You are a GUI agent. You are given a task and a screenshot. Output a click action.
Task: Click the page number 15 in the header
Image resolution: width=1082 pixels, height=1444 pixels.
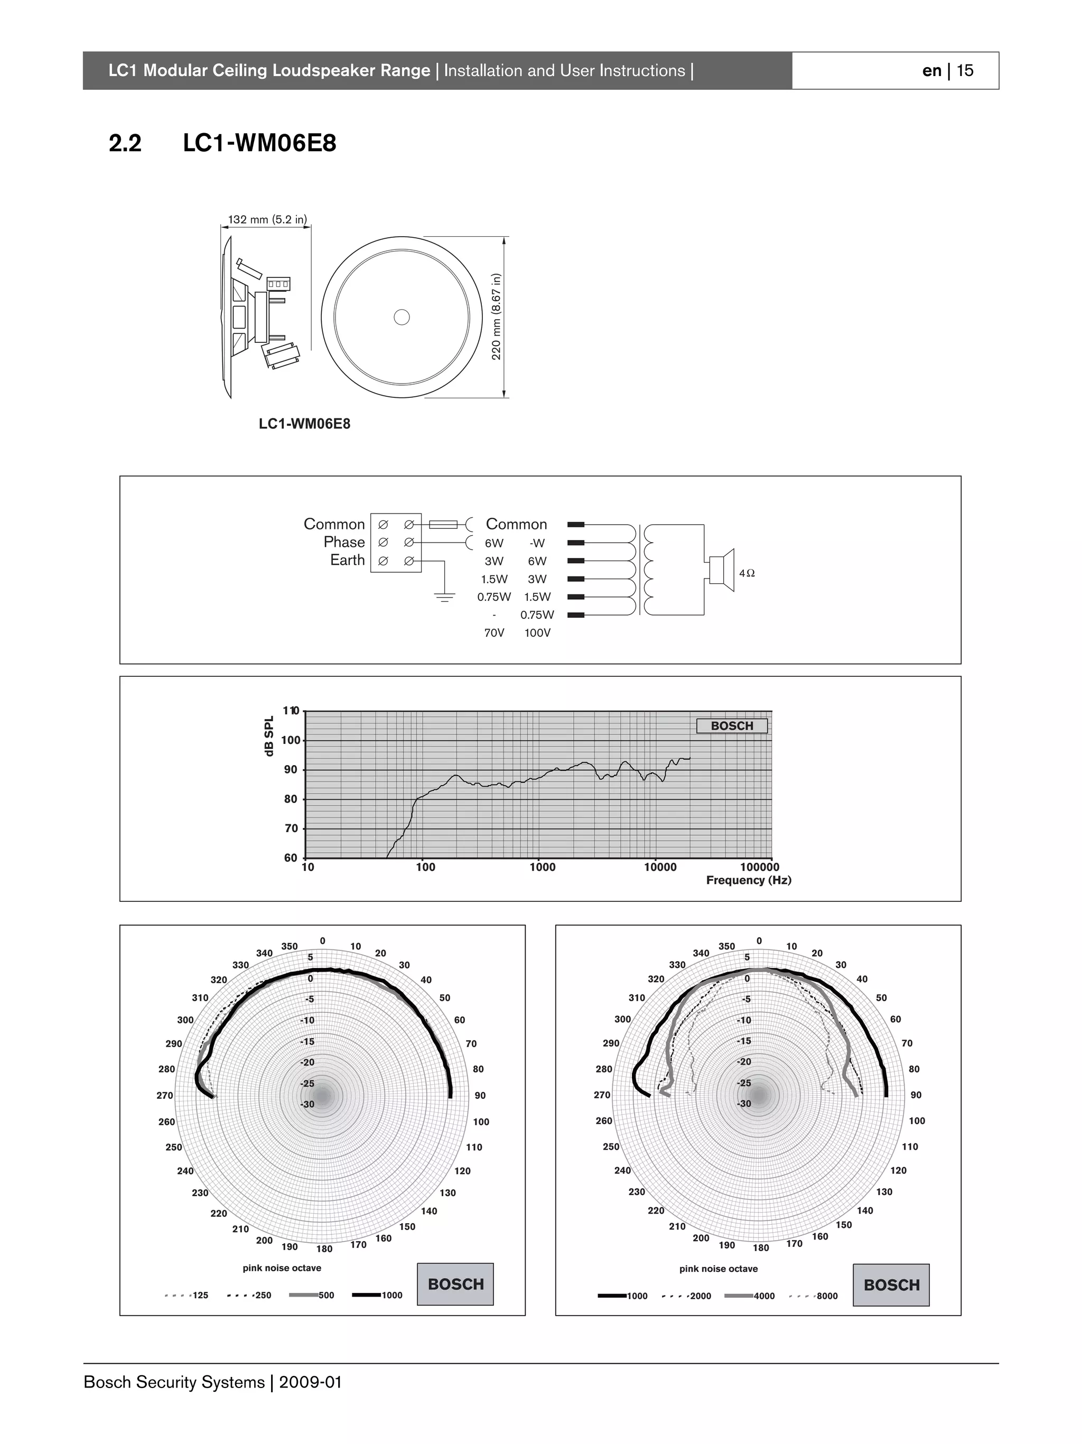coord(965,70)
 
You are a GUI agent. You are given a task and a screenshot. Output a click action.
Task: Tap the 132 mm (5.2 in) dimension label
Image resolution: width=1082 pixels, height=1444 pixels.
coord(267,219)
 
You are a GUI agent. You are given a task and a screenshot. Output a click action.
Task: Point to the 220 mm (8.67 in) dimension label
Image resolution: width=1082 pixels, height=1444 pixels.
coord(496,316)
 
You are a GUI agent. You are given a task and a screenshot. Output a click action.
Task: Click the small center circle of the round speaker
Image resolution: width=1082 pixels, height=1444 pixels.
coord(402,317)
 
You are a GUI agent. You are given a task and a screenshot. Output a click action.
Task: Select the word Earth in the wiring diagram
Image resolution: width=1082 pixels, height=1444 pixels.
coord(347,560)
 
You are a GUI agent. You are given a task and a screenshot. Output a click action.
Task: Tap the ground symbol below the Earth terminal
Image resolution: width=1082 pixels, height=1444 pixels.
coord(444,597)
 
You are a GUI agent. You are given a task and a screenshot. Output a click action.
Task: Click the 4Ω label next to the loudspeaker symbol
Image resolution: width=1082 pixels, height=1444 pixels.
coord(747,573)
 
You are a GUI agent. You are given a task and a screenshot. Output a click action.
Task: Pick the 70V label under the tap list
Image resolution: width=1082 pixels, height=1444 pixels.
coord(494,633)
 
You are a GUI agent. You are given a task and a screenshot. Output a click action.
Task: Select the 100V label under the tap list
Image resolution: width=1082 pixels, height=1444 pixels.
coord(537,633)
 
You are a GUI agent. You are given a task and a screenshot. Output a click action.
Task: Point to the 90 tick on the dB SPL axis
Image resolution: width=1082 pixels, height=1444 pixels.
coord(291,770)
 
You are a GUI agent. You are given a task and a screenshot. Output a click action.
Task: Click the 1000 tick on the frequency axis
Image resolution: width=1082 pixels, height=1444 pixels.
coord(542,868)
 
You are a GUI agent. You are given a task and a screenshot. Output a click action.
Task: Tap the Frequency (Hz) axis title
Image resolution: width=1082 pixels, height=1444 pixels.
coord(749,880)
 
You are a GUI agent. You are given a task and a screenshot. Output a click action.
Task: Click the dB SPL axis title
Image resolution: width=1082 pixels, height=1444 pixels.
coord(269,735)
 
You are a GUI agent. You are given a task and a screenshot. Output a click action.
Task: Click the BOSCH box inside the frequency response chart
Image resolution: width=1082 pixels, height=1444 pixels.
coord(732,726)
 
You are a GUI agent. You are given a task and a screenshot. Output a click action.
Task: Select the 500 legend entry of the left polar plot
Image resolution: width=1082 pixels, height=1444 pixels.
coord(325,1295)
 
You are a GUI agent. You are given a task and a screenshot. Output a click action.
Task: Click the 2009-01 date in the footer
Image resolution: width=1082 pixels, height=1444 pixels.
coord(310,1383)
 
